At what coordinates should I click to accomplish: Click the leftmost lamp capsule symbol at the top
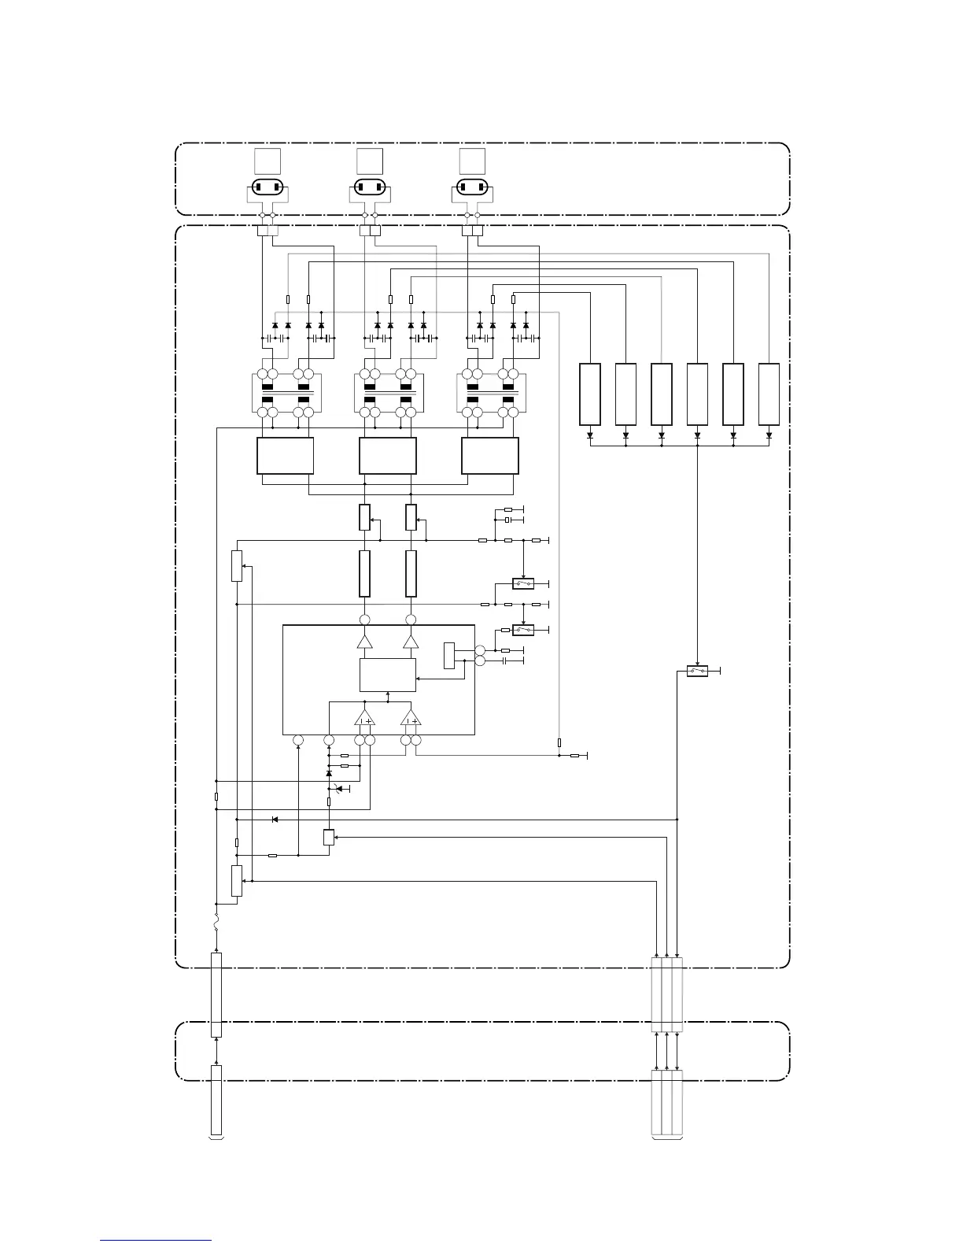[x=267, y=187]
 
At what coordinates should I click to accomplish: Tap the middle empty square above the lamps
[x=369, y=161]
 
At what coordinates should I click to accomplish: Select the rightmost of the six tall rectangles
[x=769, y=394]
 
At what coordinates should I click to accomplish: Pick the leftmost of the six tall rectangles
[x=590, y=394]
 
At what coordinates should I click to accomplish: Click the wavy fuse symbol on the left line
[x=216, y=922]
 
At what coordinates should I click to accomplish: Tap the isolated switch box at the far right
[x=697, y=672]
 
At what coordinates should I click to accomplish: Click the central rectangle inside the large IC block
[x=387, y=674]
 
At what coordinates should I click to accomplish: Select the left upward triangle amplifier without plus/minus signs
[x=364, y=642]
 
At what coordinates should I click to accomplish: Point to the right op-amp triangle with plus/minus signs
[x=411, y=718]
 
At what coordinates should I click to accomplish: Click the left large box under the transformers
[x=286, y=456]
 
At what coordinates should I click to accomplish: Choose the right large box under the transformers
[x=489, y=456]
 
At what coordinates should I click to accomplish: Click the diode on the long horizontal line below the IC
[x=275, y=820]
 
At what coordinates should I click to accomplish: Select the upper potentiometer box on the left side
[x=237, y=566]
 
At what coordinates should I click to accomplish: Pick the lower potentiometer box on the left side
[x=237, y=880]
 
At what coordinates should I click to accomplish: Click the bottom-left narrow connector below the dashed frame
[x=216, y=1101]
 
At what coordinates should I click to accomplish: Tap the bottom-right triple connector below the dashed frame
[x=667, y=1103]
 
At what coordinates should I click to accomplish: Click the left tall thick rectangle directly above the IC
[x=364, y=574]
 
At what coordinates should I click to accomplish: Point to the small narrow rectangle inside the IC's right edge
[x=449, y=656]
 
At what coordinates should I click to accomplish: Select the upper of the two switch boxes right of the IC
[x=523, y=584]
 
